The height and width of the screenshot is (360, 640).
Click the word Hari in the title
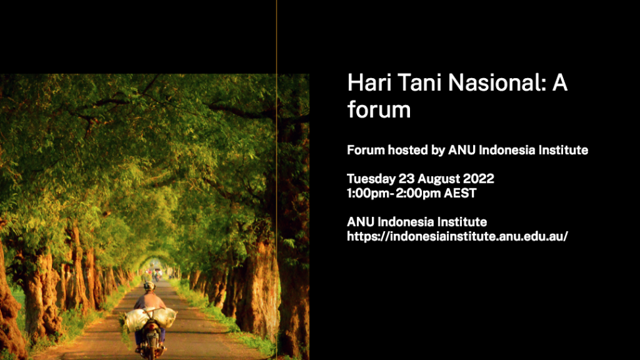click(x=369, y=83)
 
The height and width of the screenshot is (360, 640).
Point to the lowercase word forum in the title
click(x=378, y=110)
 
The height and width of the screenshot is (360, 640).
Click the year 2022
click(x=478, y=179)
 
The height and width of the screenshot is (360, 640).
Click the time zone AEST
click(x=460, y=193)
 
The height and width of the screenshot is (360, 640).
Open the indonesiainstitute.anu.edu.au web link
click(x=457, y=236)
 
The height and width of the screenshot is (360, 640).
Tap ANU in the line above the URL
click(x=360, y=222)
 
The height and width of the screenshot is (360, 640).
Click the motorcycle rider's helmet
click(x=149, y=286)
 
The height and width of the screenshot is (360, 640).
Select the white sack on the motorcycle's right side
click(x=166, y=317)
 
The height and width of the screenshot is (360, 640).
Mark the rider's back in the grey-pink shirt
click(x=149, y=302)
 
